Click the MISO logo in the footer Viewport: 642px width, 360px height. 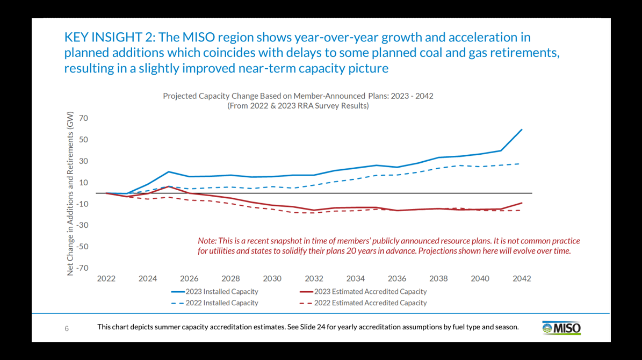(x=562, y=328)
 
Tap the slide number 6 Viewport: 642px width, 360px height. (x=67, y=328)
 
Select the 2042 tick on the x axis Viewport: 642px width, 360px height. (x=522, y=278)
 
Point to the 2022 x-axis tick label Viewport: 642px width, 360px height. (x=106, y=278)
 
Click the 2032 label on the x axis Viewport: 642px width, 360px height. (x=314, y=278)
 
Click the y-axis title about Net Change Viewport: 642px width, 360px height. (x=70, y=193)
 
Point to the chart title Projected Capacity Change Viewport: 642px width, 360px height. (x=298, y=96)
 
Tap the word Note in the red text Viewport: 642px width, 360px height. (x=207, y=241)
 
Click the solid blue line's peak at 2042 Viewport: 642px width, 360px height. (x=522, y=129)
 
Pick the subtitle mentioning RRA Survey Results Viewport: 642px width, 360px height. (x=298, y=106)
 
